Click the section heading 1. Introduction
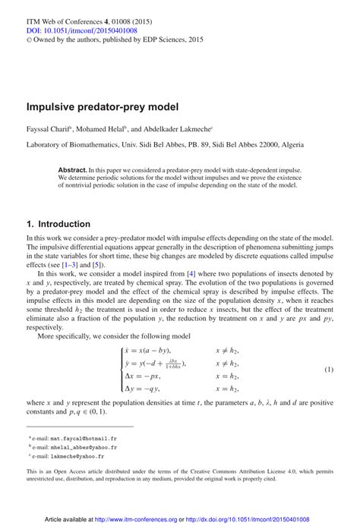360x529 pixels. (x=59, y=224)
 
